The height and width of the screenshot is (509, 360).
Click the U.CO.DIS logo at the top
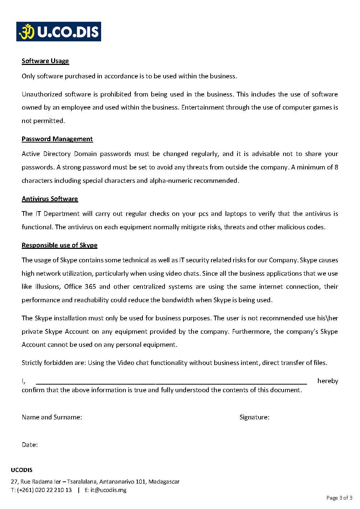coord(58,32)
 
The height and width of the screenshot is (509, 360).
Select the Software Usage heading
coord(45,61)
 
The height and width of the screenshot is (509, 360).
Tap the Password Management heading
coord(57,139)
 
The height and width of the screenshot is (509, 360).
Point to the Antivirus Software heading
coord(50,199)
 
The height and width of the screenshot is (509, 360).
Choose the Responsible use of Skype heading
coord(59,245)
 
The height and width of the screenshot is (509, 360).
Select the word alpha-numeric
coord(171,181)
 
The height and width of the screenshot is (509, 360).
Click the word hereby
coord(327,381)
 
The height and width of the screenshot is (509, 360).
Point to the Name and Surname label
coord(52,417)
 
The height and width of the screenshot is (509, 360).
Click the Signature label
coord(254,417)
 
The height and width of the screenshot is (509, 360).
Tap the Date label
coord(30,445)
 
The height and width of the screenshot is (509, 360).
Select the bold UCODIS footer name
coord(22,470)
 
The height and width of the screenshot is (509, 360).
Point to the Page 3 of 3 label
coord(339,498)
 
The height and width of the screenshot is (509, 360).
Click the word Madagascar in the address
coord(164,482)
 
